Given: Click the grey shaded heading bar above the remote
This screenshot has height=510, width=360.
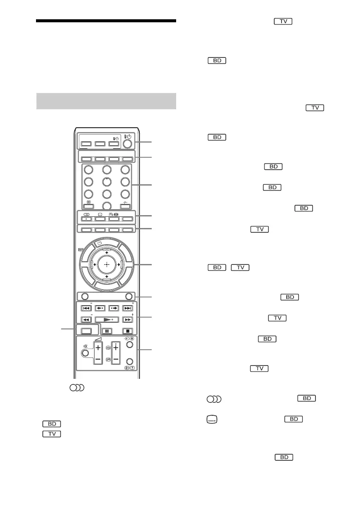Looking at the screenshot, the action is tap(106, 101).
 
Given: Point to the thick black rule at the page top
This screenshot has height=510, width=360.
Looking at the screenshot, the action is tap(106, 21).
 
